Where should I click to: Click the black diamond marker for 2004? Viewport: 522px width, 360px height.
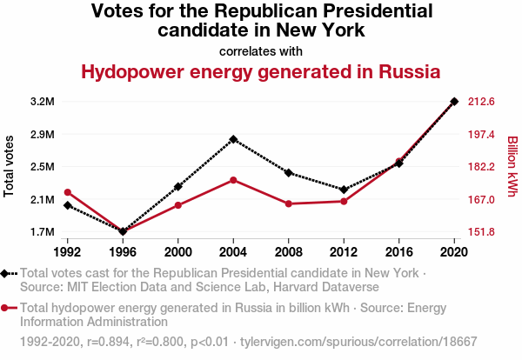233,139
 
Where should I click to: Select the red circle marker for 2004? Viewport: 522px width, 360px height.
233,180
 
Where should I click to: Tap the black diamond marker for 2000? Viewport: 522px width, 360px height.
178,187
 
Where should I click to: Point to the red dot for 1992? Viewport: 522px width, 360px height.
68,192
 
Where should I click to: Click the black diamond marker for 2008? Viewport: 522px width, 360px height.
289,173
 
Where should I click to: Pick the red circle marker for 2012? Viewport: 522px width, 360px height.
344,202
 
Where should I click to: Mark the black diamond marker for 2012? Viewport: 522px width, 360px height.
344,190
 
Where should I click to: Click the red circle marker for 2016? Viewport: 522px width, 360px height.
399,161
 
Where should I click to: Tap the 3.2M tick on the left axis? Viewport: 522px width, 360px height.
42,102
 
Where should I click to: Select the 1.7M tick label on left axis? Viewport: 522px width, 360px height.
42,232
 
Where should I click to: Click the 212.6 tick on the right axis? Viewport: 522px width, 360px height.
482,102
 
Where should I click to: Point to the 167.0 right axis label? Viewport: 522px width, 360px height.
482,199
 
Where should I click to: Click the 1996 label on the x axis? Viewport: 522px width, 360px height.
123,251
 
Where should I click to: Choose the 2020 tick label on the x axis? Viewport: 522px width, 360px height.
454,251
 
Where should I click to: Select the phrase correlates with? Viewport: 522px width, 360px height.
261,50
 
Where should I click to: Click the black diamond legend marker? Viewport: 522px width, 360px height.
7,273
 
